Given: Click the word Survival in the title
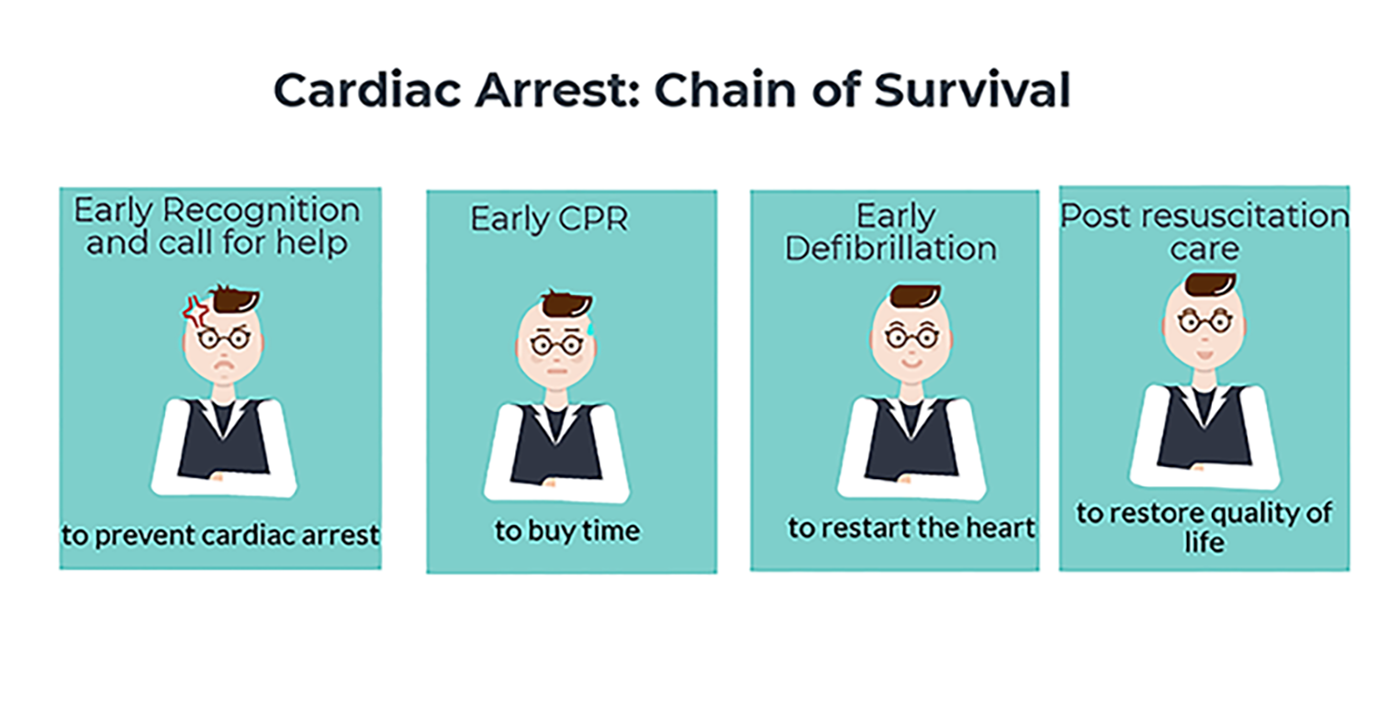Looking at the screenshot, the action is pos(972,90).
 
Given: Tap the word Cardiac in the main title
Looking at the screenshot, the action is pos(367,90).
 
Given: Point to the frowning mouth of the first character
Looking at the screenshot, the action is pos(225,365).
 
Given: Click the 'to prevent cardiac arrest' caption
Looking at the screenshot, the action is pos(220,535).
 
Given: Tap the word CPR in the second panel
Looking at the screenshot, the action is pos(593,218).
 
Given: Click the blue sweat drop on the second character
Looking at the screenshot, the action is pos(591,328).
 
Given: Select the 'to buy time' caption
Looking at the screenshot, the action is pos(566,531).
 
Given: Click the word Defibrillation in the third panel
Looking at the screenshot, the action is pos(890,249).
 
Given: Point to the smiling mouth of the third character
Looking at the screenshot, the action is pos(912,363).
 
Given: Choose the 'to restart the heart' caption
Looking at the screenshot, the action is pos(911,528).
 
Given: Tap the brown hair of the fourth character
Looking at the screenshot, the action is pos(1210,285).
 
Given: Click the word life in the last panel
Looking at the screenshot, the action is pos(1204,542).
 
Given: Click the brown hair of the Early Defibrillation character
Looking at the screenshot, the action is pos(915,296).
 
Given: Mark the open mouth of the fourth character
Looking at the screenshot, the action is pos(1204,355).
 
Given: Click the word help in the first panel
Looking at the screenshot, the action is pos(311,242).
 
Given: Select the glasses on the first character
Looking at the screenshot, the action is pos(224,339).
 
